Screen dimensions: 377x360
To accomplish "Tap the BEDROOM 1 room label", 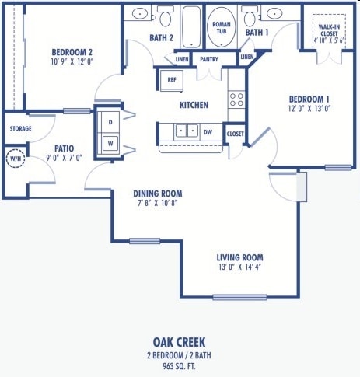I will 309,99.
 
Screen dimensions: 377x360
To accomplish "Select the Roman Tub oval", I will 222,29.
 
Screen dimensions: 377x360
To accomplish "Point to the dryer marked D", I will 110,122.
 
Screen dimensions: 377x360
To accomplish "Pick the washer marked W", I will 110,143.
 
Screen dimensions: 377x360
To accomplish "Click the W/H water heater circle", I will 15,159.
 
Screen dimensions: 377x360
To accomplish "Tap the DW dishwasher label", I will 208,132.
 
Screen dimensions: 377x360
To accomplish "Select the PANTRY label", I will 208,59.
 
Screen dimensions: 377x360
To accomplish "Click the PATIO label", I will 64,147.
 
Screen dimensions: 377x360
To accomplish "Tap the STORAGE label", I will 20,128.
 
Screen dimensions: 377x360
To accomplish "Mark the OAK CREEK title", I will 180,341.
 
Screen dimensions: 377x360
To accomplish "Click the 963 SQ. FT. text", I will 180,365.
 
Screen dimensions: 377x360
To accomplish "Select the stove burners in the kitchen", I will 236,99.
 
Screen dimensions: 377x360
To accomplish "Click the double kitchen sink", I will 187,131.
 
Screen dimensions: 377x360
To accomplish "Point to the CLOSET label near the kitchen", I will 235,134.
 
